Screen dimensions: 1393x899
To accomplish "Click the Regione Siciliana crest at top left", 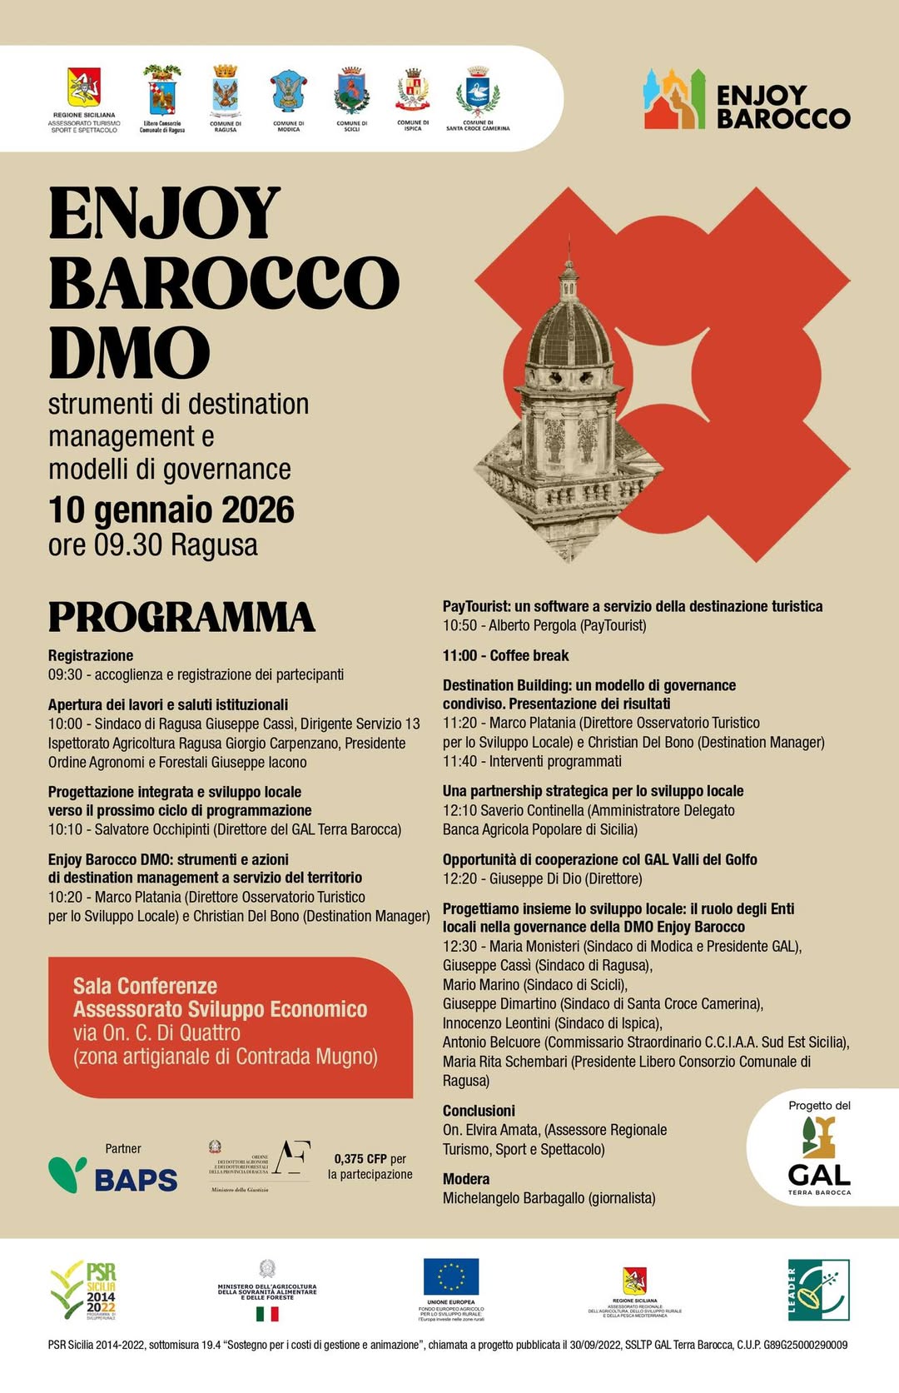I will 83,88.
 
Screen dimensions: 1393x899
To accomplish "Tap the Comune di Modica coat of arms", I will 288,92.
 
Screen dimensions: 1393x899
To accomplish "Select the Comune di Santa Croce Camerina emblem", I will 478,92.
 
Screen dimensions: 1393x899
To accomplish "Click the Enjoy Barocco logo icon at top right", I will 674,100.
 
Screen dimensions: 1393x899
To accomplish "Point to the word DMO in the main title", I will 129,352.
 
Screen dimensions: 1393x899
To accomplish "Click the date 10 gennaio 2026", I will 171,510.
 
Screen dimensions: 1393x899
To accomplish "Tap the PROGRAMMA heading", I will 181,617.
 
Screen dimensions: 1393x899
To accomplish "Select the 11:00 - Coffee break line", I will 506,655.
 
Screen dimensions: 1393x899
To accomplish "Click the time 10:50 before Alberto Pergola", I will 459,625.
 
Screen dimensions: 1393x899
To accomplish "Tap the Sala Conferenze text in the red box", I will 145,986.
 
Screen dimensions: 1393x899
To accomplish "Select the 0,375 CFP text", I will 360,1158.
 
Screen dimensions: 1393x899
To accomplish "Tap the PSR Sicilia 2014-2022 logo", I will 84,1290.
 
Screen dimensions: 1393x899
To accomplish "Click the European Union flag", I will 451,1276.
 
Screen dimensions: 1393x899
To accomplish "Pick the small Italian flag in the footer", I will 267,1314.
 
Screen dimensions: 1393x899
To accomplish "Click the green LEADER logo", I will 818,1290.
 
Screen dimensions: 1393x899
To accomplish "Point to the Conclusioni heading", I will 479,1111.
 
